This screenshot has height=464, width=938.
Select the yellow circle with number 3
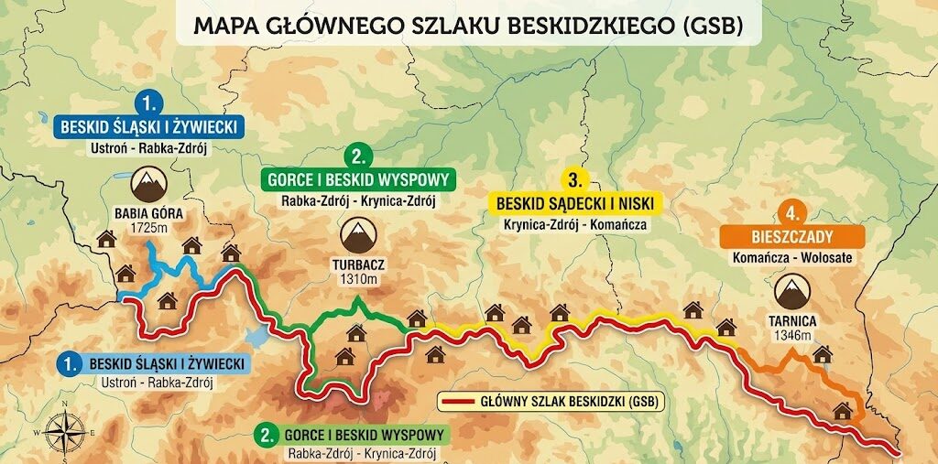[x=574, y=178]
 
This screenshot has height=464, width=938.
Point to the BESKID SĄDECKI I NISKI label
[x=574, y=202]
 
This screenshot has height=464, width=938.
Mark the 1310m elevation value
[x=358, y=278]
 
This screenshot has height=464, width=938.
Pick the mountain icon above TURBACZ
[x=358, y=234]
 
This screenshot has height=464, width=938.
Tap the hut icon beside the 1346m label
[x=822, y=354]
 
